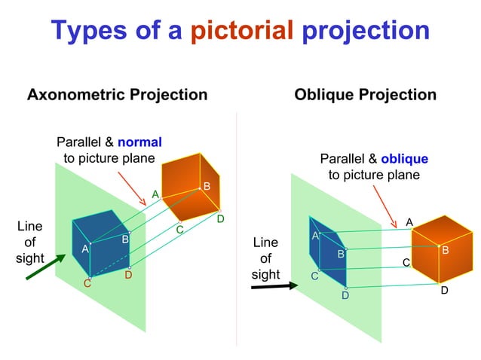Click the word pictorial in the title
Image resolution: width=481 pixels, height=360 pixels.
pyautogui.click(x=240, y=30)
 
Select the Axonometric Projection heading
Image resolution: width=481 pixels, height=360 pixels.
pyautogui.click(x=117, y=95)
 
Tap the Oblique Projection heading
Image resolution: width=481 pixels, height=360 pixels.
pyautogui.click(x=365, y=95)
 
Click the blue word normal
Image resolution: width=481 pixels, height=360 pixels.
pyautogui.click(x=139, y=142)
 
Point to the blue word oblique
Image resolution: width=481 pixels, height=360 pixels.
pyautogui.click(x=404, y=159)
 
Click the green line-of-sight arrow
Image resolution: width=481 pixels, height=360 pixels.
pyautogui.click(x=44, y=267)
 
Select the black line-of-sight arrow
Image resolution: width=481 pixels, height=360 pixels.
pyautogui.click(x=270, y=287)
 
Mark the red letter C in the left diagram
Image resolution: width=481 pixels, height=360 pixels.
pyautogui.click(x=87, y=283)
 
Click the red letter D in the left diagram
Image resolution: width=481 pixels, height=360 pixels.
pyautogui.click(x=128, y=275)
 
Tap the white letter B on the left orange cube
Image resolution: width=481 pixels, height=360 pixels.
pyautogui.click(x=207, y=186)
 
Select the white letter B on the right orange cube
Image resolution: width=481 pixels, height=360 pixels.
pyautogui.click(x=445, y=250)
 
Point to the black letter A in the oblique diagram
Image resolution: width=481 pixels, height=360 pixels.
pyautogui.click(x=409, y=222)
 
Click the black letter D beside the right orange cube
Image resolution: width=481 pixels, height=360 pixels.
pyautogui.click(x=444, y=290)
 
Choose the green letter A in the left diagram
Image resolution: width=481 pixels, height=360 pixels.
pyautogui.click(x=155, y=194)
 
